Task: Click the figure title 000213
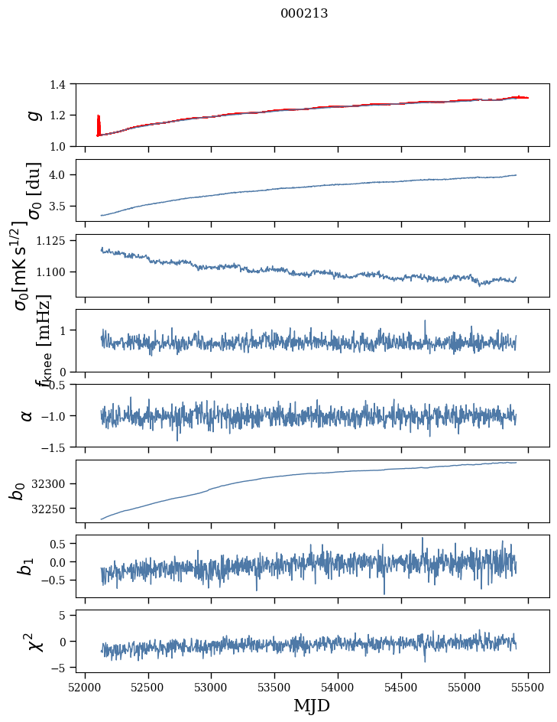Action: point(304,13)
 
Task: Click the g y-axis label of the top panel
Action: point(32,115)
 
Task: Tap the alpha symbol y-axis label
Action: point(28,415)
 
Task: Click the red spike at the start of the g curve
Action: point(99,122)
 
